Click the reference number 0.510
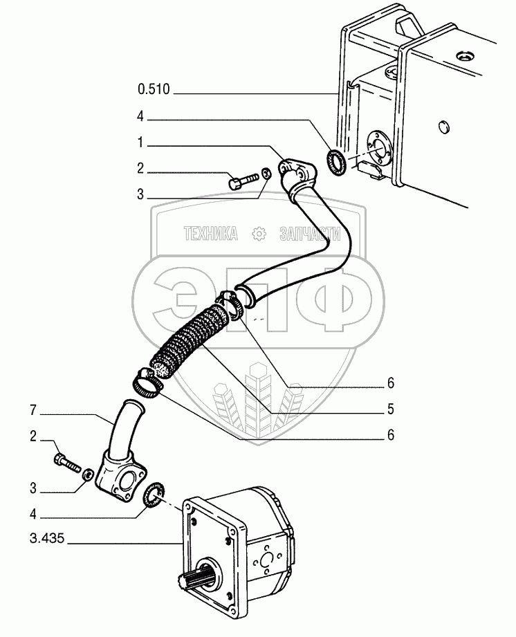153,89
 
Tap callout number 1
140,145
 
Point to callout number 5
391,409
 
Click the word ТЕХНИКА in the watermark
210,234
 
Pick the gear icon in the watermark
259,234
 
